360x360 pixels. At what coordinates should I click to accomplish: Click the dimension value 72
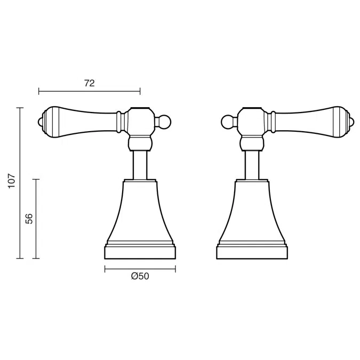[x=89, y=83]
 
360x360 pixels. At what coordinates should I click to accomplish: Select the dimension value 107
[x=12, y=181]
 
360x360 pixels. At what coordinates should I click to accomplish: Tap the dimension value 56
[x=29, y=219]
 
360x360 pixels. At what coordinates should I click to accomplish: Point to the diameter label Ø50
[x=140, y=276]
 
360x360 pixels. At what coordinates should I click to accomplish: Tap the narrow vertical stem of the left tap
[x=140, y=165]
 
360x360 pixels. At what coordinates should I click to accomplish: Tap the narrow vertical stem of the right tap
[x=252, y=165]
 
